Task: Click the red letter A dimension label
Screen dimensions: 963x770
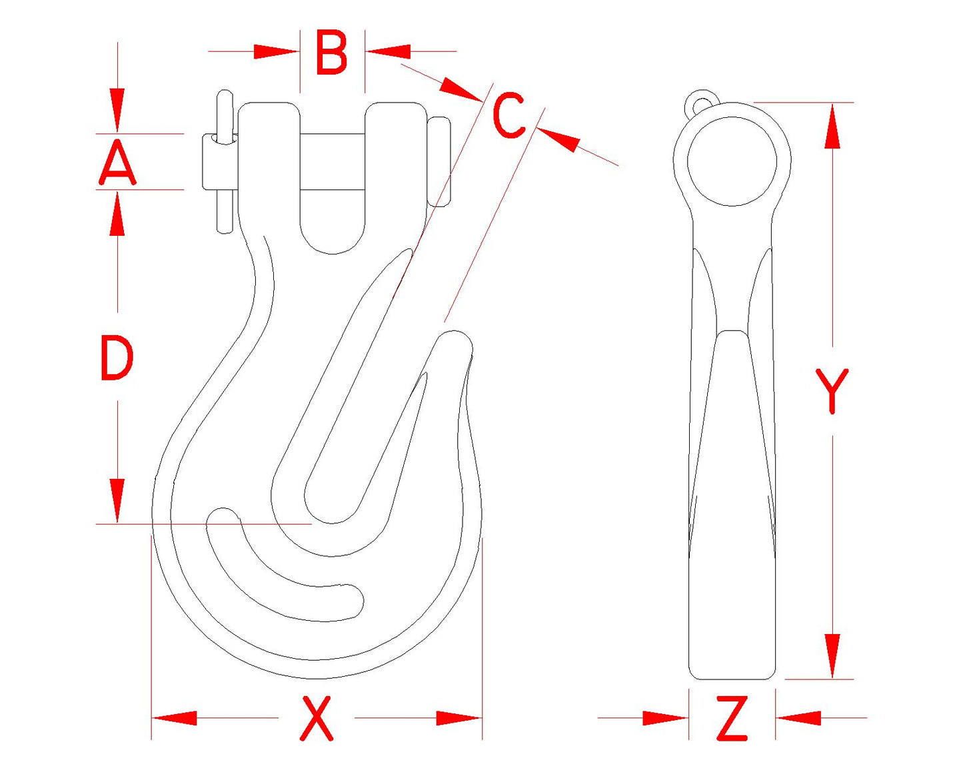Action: (x=117, y=162)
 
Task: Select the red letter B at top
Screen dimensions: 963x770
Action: (x=332, y=52)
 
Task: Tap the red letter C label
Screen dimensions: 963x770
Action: (x=508, y=115)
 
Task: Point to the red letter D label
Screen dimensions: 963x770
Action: (x=117, y=358)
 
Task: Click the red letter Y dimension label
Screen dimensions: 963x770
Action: (x=832, y=391)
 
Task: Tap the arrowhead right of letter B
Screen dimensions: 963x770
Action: (x=388, y=51)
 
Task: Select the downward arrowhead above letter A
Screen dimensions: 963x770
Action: (x=117, y=111)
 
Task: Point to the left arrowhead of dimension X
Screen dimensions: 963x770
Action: (x=175, y=718)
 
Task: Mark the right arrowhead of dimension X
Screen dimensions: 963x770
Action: (x=459, y=718)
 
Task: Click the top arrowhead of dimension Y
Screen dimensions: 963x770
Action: (x=832, y=126)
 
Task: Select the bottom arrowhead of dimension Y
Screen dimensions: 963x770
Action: (x=832, y=656)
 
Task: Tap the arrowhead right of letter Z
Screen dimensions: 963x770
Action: (x=799, y=718)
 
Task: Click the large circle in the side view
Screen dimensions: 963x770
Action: (x=732, y=161)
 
